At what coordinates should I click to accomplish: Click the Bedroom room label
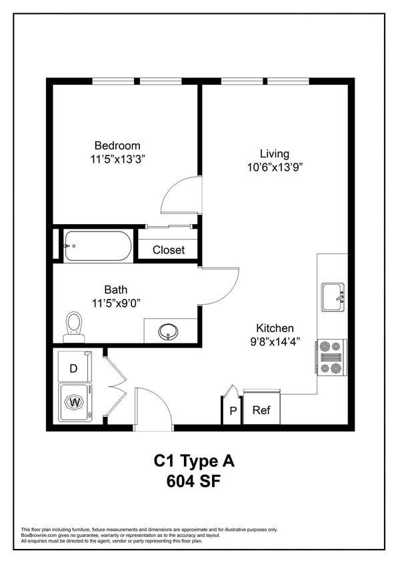pyautogui.click(x=117, y=145)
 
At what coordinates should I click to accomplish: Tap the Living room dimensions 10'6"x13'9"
pyautogui.click(x=275, y=168)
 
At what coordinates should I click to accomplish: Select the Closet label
pyautogui.click(x=168, y=250)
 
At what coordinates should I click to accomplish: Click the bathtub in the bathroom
pyautogui.click(x=98, y=246)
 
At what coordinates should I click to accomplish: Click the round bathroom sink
pyautogui.click(x=167, y=331)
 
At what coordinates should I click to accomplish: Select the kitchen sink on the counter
pyautogui.click(x=331, y=297)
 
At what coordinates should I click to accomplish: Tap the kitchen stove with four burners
pyautogui.click(x=331, y=357)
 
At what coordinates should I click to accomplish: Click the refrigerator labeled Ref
pyautogui.click(x=261, y=410)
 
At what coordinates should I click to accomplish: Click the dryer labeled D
pyautogui.click(x=74, y=368)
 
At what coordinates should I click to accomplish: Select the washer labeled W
pyautogui.click(x=75, y=402)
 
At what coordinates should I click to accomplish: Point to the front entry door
pyautogui.click(x=153, y=408)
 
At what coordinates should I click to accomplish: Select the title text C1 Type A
pyautogui.click(x=194, y=460)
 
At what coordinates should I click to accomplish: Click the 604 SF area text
pyautogui.click(x=194, y=480)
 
